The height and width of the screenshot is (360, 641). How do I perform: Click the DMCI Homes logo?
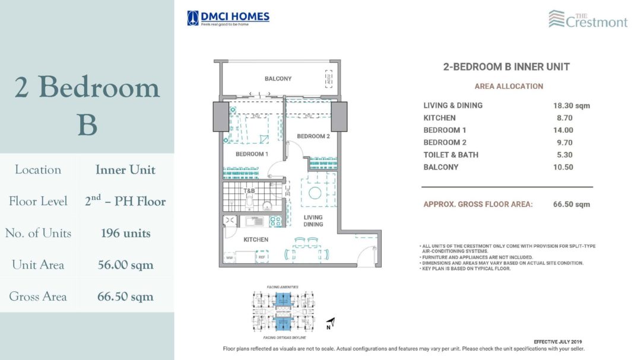(x=228, y=18)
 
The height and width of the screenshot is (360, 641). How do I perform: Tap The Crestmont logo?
(x=588, y=19)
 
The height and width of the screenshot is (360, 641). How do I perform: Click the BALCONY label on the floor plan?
(x=278, y=79)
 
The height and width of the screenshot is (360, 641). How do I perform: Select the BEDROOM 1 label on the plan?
(x=252, y=154)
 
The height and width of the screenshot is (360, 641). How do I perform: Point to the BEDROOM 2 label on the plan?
(x=313, y=136)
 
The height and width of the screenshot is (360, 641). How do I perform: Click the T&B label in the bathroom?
(x=250, y=190)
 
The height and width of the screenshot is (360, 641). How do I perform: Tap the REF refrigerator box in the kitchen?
(x=261, y=257)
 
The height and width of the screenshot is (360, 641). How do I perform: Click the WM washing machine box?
(x=229, y=257)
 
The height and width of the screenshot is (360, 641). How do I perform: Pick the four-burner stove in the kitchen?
(x=275, y=221)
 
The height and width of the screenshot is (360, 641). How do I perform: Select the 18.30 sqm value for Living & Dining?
(x=572, y=106)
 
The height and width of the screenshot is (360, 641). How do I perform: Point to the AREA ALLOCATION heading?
(x=509, y=86)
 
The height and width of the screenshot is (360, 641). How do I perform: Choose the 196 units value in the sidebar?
(x=125, y=233)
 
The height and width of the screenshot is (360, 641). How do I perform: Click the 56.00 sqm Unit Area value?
(x=125, y=265)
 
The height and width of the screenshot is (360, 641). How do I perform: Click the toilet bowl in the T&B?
(x=250, y=205)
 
